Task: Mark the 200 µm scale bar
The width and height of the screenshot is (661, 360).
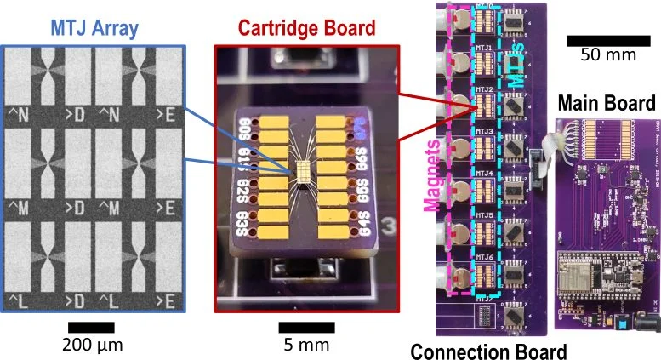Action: coord(91,327)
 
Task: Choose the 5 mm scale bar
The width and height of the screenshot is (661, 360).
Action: coord(300,327)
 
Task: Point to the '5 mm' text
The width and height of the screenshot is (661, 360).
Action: coord(300,346)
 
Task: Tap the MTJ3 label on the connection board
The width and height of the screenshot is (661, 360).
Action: coord(483,132)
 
